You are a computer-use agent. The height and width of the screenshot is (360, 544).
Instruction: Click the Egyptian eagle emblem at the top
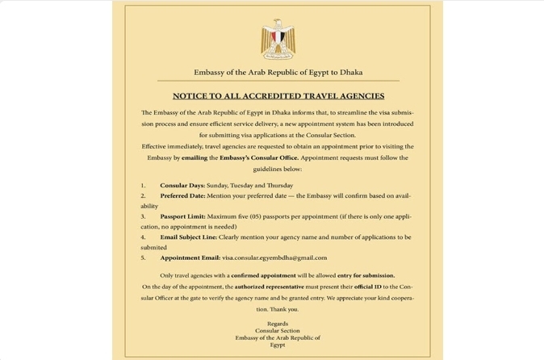click(x=278, y=39)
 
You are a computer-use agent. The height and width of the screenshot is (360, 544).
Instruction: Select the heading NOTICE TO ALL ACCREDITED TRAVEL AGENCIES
click(x=278, y=96)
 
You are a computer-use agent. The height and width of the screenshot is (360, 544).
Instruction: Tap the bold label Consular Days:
click(x=182, y=186)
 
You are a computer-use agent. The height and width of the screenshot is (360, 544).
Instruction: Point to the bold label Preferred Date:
click(x=182, y=196)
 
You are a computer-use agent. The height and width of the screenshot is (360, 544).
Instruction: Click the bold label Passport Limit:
click(x=182, y=216)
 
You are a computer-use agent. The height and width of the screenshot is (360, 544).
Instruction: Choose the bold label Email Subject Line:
click(x=189, y=237)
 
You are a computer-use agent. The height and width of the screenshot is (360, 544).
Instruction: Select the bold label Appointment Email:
click(x=190, y=257)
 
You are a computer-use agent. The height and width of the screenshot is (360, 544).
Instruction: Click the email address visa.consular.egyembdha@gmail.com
click(x=274, y=257)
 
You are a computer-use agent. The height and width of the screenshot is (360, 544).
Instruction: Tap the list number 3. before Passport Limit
click(x=143, y=216)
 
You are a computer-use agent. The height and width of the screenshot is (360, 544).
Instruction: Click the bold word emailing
click(x=195, y=157)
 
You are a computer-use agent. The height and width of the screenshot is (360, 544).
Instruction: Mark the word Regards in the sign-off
click(x=278, y=324)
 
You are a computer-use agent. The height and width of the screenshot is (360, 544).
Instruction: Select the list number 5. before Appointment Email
click(x=143, y=257)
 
